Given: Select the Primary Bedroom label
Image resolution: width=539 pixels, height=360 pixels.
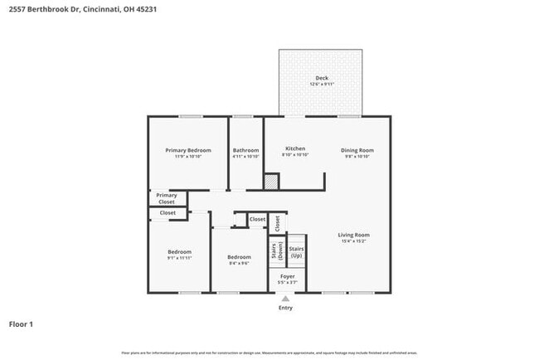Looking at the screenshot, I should pos(187,150).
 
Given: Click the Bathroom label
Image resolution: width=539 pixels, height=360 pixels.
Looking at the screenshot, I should pos(245,150).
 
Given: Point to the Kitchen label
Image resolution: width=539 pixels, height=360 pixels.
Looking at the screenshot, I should pos(295,149).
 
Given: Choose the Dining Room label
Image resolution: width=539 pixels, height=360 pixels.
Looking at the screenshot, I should pos(357,150).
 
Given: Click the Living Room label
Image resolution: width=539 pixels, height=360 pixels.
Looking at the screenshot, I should pos(353,235).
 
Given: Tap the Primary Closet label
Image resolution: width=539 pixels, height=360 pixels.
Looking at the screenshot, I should pos(167,198).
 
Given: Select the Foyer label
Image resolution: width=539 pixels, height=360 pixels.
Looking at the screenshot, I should pos(287,276).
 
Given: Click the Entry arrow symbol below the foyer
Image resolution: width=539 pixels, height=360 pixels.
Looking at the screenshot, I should pos(285,299).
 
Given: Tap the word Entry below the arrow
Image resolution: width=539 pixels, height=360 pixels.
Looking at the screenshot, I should pos(285,308).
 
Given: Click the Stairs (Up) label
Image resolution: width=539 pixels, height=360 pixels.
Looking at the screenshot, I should pos(296,250).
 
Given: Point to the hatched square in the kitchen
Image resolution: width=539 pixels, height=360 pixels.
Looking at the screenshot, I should pos(270,180).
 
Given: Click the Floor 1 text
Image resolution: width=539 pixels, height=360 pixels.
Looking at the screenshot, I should pos(21,324).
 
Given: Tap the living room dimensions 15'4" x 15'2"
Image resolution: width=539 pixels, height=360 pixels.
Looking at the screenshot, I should pos(353,241).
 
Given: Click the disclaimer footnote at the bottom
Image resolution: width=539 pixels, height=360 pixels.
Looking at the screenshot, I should pos(269,353).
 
